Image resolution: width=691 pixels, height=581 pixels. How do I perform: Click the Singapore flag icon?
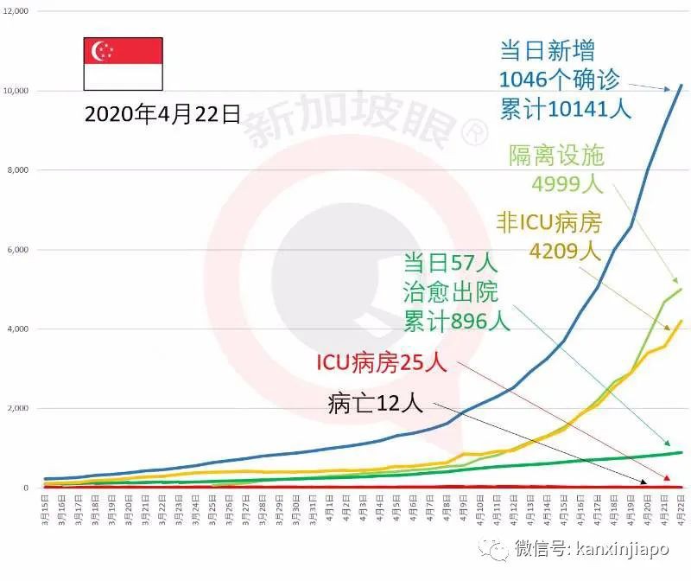click(122, 64)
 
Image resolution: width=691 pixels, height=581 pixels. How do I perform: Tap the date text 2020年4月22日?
click(162, 115)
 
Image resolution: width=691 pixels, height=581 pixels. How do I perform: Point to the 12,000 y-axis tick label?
click(16, 11)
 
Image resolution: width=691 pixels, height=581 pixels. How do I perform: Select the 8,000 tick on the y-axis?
click(18, 170)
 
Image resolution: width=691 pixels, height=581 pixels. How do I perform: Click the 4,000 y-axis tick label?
click(18, 329)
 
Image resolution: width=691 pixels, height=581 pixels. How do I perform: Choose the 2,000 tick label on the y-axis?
click(18, 409)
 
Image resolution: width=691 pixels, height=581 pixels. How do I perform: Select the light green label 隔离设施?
click(555, 156)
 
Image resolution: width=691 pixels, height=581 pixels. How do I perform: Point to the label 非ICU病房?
click(548, 222)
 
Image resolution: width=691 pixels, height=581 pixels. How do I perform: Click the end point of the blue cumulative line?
click(681, 85)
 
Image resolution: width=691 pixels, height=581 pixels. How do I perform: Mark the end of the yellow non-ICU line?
click(681, 321)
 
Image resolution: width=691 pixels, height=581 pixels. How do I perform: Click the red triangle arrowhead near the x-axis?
click(667, 478)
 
